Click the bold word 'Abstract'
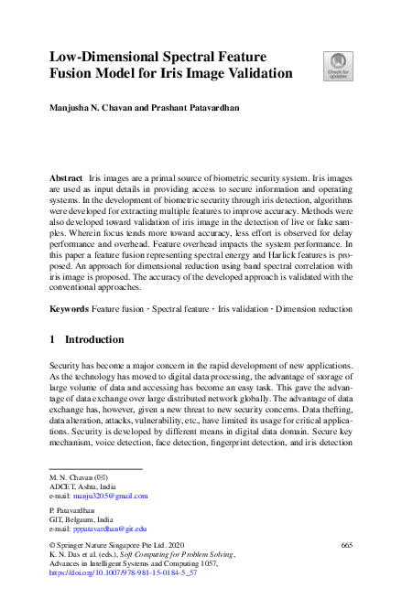(x=66, y=174)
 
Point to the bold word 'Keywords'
(x=69, y=310)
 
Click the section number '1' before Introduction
(x=52, y=340)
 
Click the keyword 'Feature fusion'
(x=120, y=310)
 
